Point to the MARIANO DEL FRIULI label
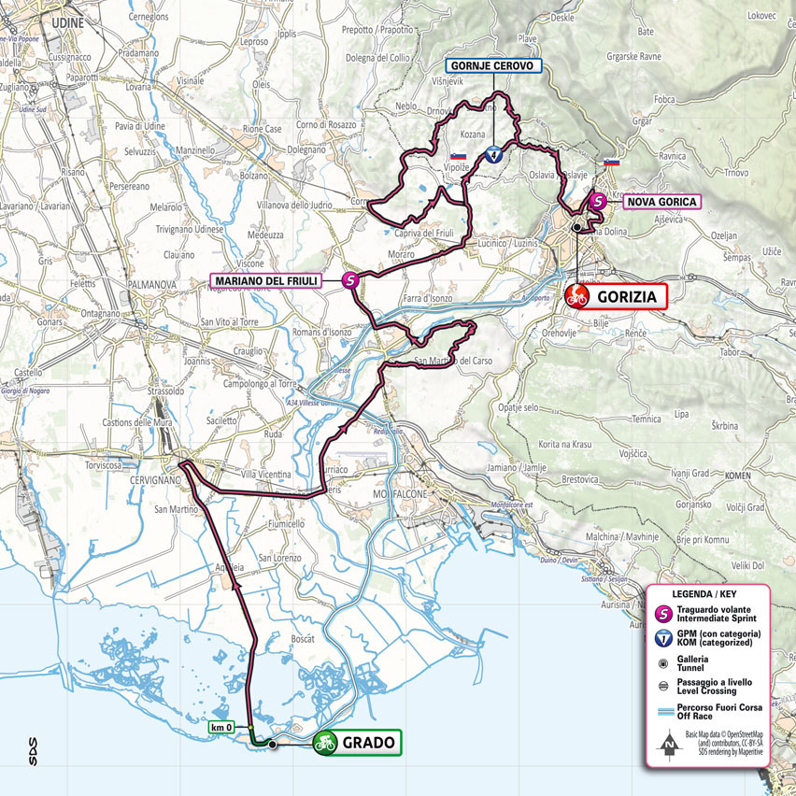266,278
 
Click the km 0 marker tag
222,726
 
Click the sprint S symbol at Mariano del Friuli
350,278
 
